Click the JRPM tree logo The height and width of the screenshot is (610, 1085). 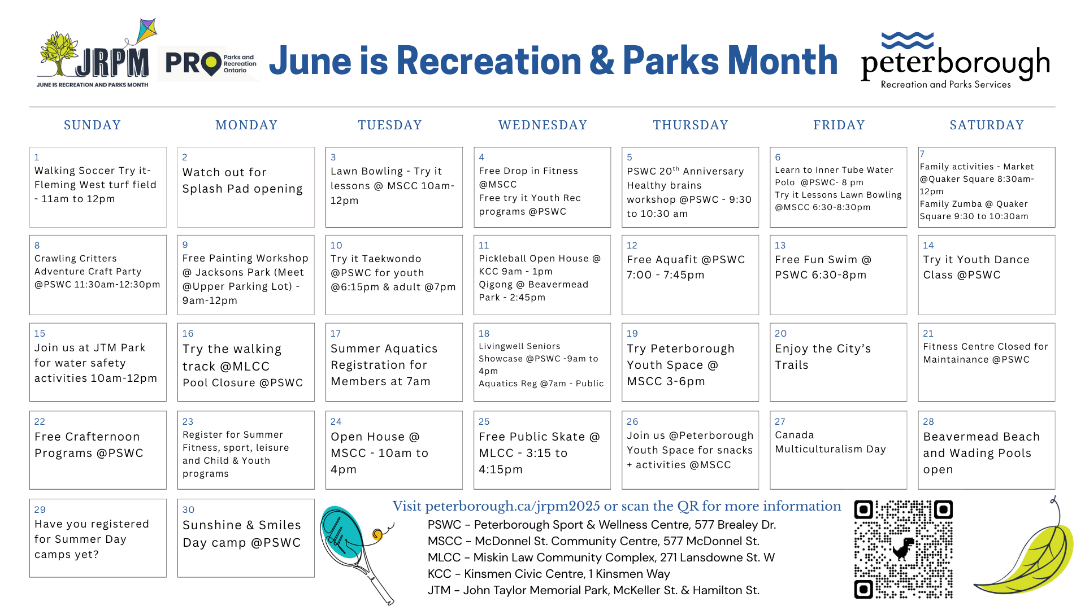93,59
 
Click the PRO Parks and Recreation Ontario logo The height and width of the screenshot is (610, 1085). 210,64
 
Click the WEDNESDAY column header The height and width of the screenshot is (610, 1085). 542,125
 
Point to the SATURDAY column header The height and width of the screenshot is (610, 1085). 987,125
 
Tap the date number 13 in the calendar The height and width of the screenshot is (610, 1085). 780,245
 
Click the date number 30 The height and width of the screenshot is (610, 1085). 188,509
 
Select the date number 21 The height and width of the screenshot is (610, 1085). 928,333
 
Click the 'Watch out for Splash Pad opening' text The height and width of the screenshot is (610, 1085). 242,180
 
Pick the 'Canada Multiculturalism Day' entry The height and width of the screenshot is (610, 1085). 830,442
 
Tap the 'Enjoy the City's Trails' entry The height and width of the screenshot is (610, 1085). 823,356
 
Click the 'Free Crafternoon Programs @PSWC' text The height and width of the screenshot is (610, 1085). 89,445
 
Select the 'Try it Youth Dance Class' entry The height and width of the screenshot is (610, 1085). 976,267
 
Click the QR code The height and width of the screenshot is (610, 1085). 903,549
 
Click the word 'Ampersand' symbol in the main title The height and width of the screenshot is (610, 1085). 602,60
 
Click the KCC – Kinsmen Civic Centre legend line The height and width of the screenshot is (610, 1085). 549,574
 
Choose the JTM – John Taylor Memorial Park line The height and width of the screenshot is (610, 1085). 593,590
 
